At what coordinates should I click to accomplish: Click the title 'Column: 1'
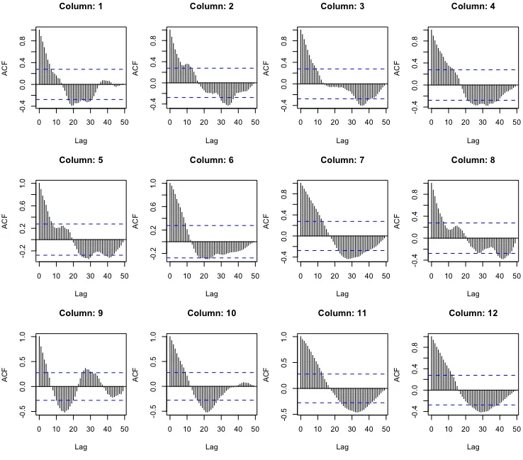[x=81, y=6]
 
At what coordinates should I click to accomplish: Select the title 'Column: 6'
[x=212, y=159]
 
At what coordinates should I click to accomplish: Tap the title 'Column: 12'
[x=473, y=313]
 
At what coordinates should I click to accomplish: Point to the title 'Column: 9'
[x=81, y=313]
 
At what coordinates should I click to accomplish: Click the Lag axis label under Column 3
[x=343, y=140]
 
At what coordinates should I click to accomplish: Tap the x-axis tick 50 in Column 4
[x=517, y=122]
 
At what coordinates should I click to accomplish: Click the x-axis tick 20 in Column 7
[x=334, y=275]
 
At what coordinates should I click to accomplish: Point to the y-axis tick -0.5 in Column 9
[x=23, y=413]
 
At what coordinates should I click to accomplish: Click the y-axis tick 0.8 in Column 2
[x=153, y=41]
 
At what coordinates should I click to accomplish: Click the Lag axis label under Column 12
[x=473, y=447]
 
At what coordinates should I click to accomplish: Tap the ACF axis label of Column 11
[x=266, y=375]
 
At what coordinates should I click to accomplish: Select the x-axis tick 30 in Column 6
[x=221, y=275]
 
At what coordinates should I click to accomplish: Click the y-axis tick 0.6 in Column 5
[x=23, y=206]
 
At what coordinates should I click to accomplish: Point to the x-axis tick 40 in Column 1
[x=108, y=122]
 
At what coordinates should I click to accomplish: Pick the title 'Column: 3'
[x=343, y=6]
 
